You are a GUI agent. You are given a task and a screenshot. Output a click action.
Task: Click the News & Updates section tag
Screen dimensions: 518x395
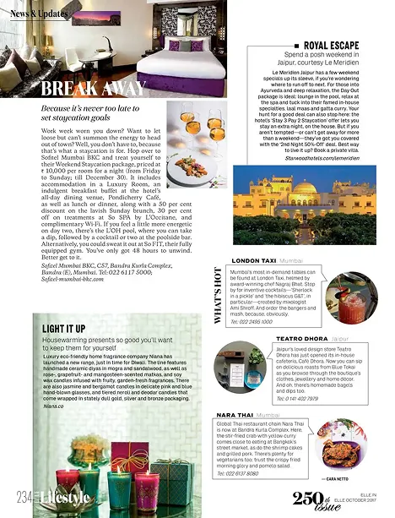(41, 15)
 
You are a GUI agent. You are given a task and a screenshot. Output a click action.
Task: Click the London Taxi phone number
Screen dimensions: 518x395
(251, 321)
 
